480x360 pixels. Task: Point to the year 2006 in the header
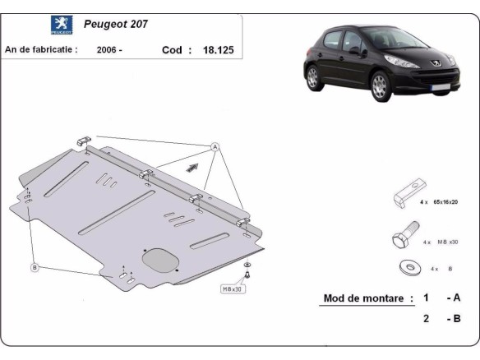coord(110,49)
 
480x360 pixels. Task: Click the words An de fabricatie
coord(41,49)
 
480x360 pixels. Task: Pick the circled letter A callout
coord(216,146)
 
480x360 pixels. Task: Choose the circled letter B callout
coord(35,267)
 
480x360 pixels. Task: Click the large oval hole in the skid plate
coord(159,257)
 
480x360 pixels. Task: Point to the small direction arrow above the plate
coord(192,167)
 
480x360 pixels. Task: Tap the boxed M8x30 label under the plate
coord(233,289)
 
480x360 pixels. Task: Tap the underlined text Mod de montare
coord(366,298)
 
